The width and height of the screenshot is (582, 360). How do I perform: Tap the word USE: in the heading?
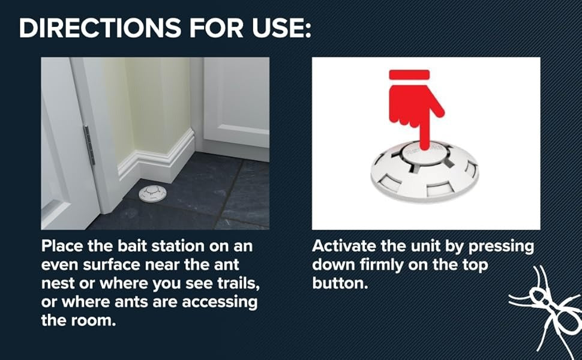click(x=282, y=28)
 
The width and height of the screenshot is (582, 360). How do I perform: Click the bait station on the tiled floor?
click(x=152, y=193)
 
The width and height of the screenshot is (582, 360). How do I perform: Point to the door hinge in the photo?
click(x=89, y=145)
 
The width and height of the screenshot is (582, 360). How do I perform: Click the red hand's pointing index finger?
click(x=425, y=132)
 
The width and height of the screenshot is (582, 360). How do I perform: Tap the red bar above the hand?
click(x=409, y=74)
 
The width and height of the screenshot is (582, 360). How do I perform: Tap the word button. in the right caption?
click(x=340, y=283)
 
